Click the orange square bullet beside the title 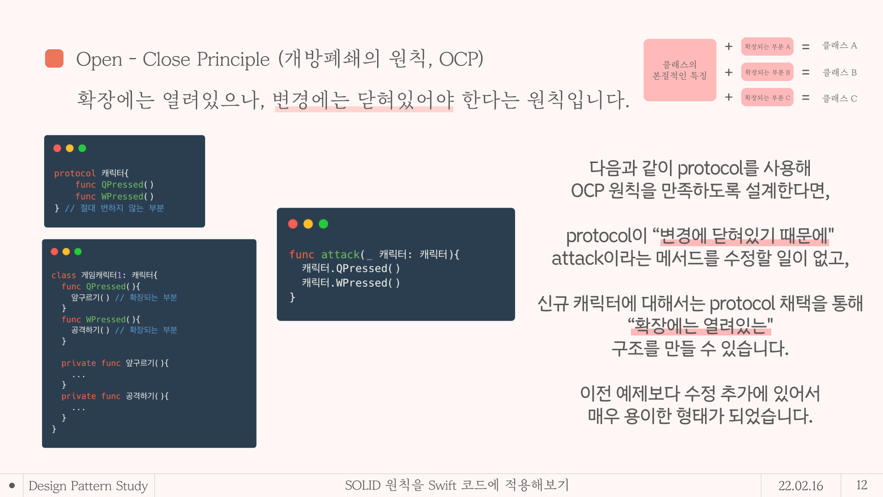click(54, 58)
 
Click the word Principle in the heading click(233, 59)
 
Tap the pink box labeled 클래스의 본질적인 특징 click(680, 70)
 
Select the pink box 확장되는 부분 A click(767, 46)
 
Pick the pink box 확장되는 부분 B click(767, 72)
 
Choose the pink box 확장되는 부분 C click(767, 98)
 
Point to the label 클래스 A click(839, 46)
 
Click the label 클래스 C click(839, 98)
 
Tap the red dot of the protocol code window click(57, 148)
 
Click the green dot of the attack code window click(323, 224)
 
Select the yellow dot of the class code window click(66, 252)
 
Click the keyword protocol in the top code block click(75, 173)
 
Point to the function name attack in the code click(340, 254)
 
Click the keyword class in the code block click(63, 275)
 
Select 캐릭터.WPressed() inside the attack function click(351, 283)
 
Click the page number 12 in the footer click(861, 485)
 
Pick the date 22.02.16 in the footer click(801, 485)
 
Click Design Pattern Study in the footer click(88, 486)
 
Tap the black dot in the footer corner click(12, 485)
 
